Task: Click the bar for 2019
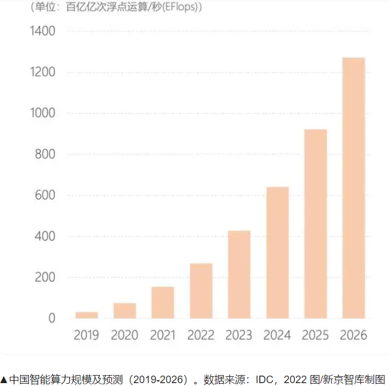pyautogui.click(x=86, y=315)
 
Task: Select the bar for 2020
pyautogui.click(x=124, y=311)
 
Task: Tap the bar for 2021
pyautogui.click(x=163, y=302)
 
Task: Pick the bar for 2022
pyautogui.click(x=201, y=291)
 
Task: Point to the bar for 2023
pyautogui.click(x=239, y=274)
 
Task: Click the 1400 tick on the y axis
pyautogui.click(x=43, y=31)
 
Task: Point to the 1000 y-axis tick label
pyautogui.click(x=43, y=113)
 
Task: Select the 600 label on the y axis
pyautogui.click(x=45, y=195)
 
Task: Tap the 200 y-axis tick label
pyautogui.click(x=45, y=278)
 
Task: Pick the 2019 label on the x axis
pyautogui.click(x=86, y=335)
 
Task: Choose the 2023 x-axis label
pyautogui.click(x=239, y=335)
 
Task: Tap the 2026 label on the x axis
pyautogui.click(x=353, y=335)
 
